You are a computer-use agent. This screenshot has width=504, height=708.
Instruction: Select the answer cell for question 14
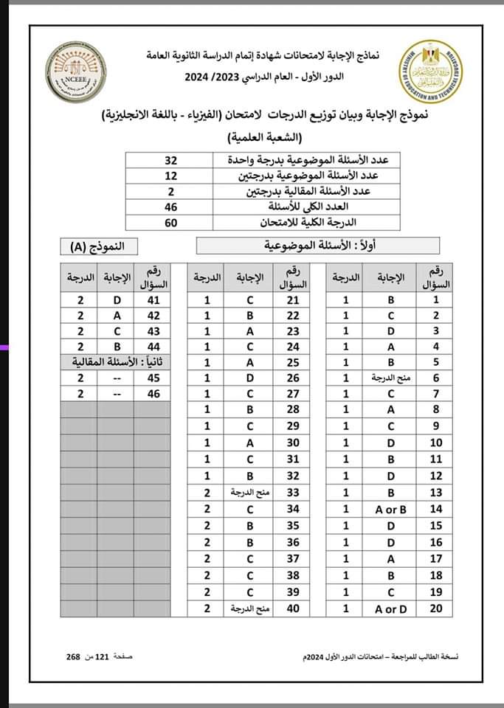click(390, 509)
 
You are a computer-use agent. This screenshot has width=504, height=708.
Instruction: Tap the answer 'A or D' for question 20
click(390, 608)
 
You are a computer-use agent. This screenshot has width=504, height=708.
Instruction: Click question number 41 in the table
click(153, 300)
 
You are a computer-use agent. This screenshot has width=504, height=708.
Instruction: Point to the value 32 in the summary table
click(170, 160)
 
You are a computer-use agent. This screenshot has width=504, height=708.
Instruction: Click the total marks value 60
click(170, 222)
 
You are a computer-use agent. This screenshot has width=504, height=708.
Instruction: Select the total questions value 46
click(170, 206)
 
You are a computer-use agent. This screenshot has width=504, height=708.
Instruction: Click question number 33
click(291, 492)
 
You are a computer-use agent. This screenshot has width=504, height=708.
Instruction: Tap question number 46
click(153, 394)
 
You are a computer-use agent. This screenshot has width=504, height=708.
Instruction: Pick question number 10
click(435, 442)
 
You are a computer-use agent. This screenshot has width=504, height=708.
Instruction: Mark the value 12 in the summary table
click(170, 176)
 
